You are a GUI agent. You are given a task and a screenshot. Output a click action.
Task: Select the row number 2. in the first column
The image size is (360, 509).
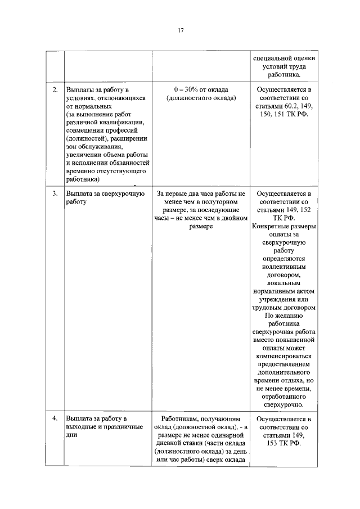point(55,89)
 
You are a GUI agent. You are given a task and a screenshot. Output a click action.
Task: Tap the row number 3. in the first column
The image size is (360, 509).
point(55,193)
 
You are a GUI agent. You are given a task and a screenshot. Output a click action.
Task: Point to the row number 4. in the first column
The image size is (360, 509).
point(55,418)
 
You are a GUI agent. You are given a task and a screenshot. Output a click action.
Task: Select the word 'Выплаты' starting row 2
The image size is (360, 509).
point(79,89)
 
